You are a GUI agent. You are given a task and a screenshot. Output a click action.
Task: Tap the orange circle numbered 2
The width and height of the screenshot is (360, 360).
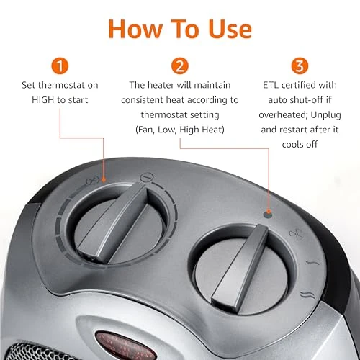(x=180, y=67)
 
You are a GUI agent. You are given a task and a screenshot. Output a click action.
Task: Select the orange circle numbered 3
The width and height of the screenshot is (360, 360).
(x=297, y=67)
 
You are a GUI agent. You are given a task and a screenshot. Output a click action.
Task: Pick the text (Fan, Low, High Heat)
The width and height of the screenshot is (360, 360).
(x=179, y=130)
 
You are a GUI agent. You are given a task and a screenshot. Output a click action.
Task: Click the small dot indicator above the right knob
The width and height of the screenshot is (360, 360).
(x=268, y=214)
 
